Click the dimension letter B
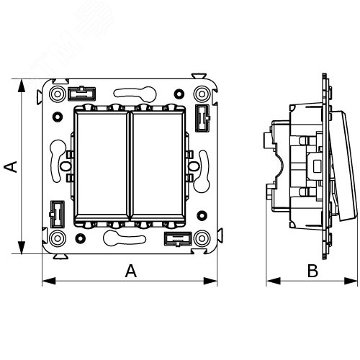click(x=312, y=271)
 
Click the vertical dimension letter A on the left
click(x=11, y=166)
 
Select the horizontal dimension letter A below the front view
click(x=131, y=271)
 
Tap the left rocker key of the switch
click(x=102, y=164)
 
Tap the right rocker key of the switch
click(x=157, y=164)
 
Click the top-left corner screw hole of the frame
click(x=58, y=94)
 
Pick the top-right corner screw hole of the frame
click(x=202, y=94)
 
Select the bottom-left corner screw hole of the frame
click(x=58, y=238)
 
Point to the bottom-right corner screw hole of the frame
click(x=202, y=238)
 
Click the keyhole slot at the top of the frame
click(x=135, y=93)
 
